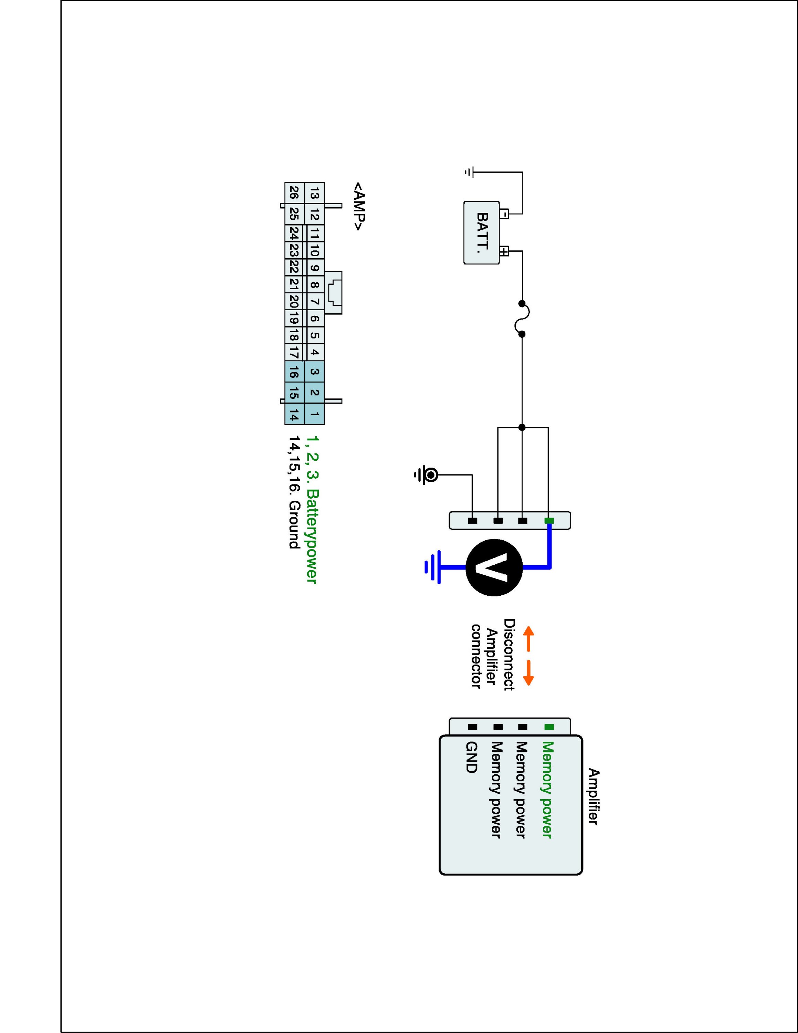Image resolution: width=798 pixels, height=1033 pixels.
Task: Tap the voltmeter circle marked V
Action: [x=494, y=567]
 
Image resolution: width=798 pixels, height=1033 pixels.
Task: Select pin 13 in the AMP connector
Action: [x=314, y=194]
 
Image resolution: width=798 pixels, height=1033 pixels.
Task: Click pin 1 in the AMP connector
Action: [x=314, y=414]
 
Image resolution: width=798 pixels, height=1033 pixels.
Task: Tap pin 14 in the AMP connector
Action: [x=294, y=415]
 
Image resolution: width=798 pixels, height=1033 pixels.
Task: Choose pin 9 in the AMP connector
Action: [x=314, y=268]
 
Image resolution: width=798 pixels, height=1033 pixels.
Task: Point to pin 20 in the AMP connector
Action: [x=294, y=301]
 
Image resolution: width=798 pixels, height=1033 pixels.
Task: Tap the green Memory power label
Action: [x=547, y=790]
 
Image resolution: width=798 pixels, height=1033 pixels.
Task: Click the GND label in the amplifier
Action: [x=471, y=757]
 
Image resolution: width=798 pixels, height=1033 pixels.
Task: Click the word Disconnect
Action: [x=509, y=655]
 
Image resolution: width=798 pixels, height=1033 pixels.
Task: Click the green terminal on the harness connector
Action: [x=549, y=521]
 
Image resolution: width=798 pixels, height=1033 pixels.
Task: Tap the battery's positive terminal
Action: [x=504, y=251]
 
